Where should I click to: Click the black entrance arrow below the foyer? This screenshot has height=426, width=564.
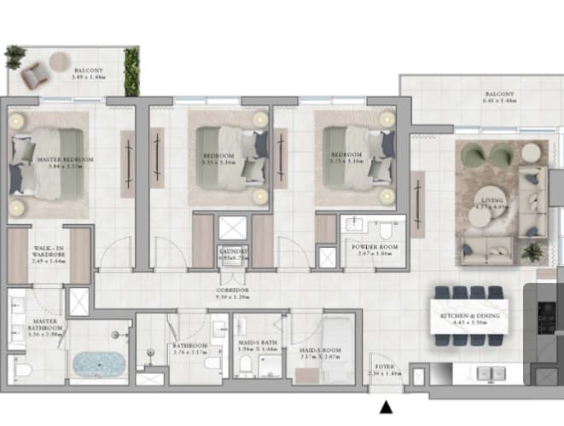(386, 408)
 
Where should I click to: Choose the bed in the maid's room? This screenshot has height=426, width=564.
(337, 343)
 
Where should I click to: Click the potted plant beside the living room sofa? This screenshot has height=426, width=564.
(532, 252)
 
